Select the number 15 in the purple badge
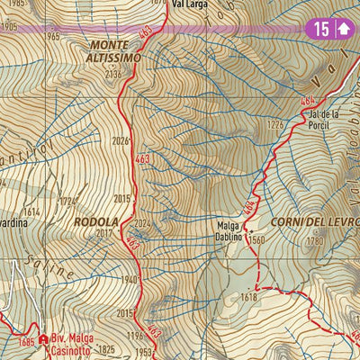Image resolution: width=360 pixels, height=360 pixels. coord(320,29)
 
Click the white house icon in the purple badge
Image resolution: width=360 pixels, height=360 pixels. coord(342,29)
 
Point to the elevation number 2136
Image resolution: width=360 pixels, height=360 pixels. coord(112,74)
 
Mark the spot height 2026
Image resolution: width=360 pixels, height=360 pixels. coord(121,140)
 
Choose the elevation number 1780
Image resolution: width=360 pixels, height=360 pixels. coord(314,240)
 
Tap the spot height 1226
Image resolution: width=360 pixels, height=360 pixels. coord(275,124)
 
